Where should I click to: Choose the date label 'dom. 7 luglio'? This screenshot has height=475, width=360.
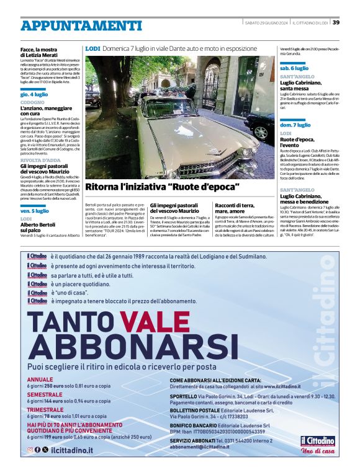coord(295,125)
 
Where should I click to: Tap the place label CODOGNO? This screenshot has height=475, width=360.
coord(32,102)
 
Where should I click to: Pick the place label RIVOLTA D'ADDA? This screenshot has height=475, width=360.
coord(40,159)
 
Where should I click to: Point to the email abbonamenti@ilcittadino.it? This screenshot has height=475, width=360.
coord(204,446)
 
